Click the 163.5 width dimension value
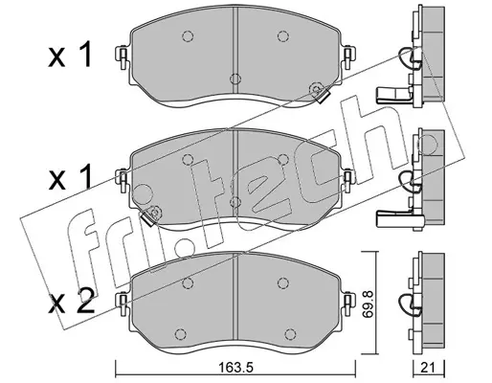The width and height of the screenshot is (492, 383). coord(235,369)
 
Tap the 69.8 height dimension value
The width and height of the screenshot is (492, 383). coord(369,304)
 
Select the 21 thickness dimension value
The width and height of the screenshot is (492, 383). coord(428,368)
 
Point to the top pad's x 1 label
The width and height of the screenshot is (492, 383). coord(70,55)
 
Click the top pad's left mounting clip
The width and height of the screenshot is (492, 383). coord(123,57)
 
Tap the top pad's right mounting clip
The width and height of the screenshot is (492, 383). coord(348,57)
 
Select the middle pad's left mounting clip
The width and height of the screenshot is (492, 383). coord(123,180)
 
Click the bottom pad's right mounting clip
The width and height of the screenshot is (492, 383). coord(348,304)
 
